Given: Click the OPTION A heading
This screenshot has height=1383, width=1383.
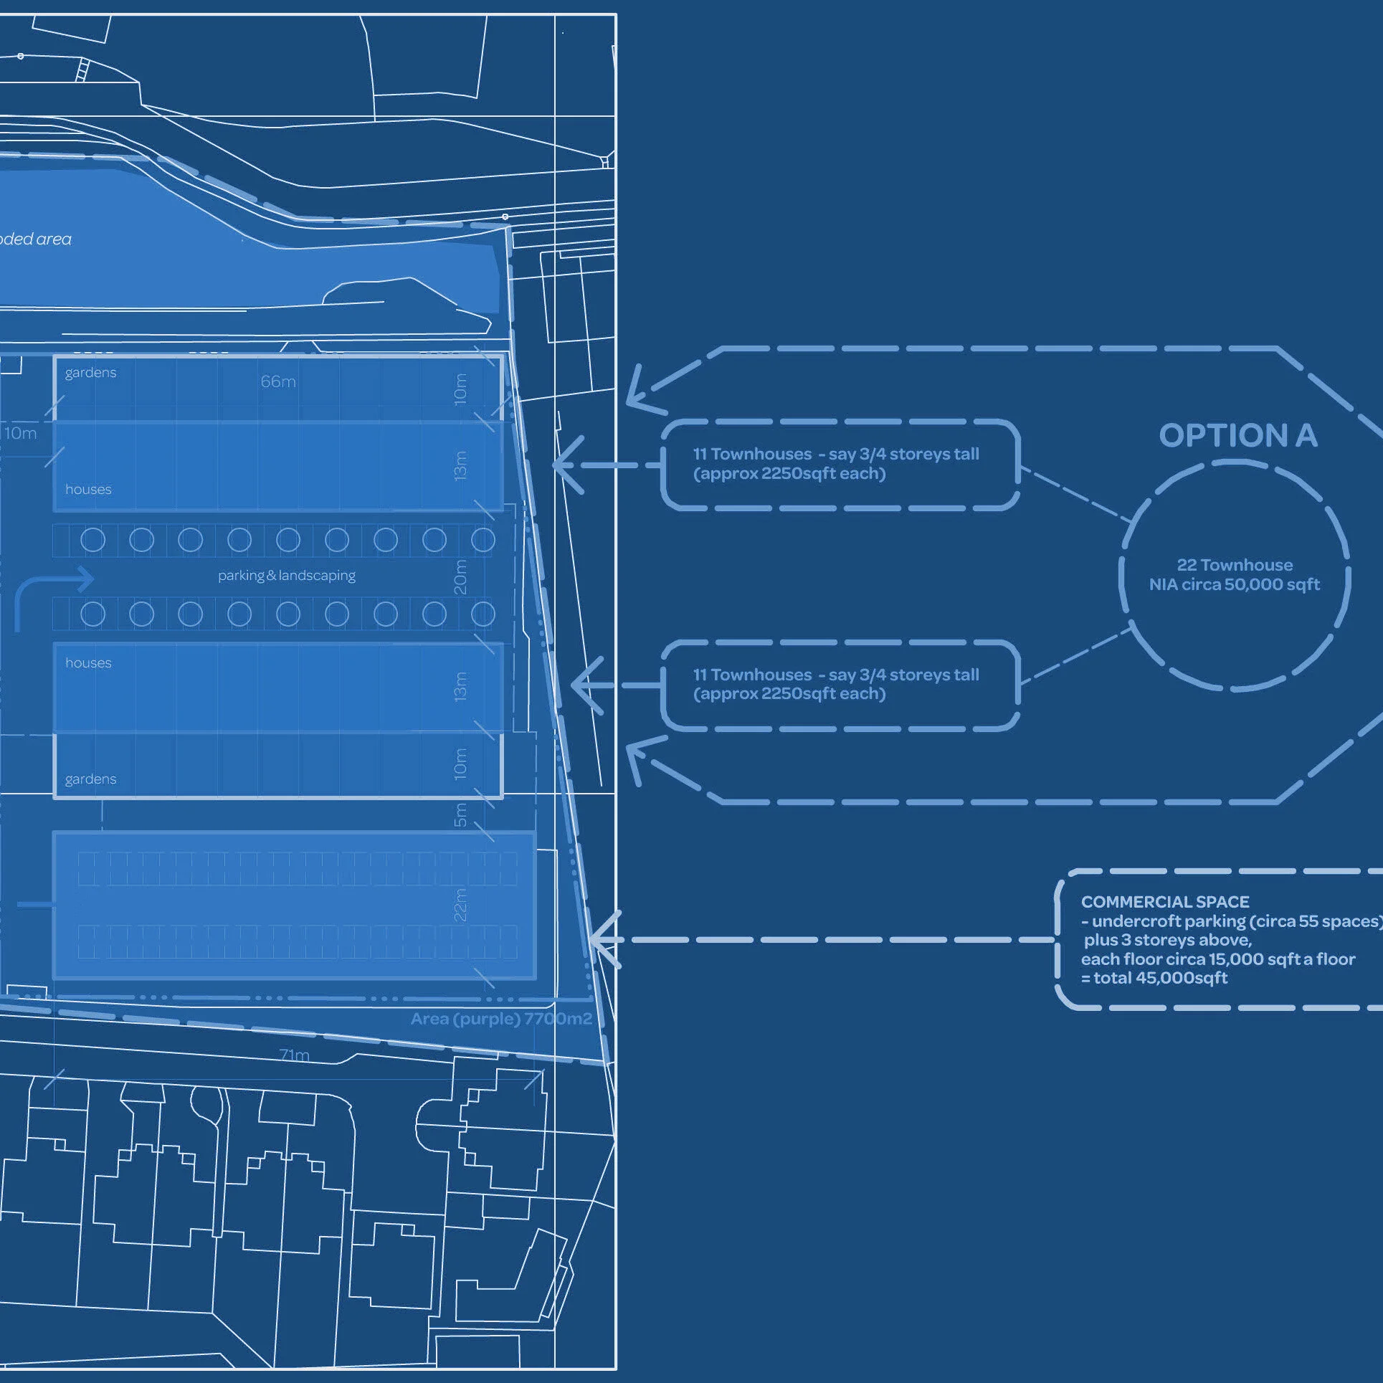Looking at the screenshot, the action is [1237, 435].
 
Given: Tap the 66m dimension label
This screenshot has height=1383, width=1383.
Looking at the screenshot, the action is [278, 381].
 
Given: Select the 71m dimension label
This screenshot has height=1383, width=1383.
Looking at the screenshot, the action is [295, 1055].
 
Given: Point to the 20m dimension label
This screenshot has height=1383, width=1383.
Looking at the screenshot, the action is [460, 576].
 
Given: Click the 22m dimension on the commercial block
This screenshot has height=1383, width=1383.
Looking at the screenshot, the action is [460, 904].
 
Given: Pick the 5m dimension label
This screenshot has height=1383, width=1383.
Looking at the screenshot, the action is [460, 814].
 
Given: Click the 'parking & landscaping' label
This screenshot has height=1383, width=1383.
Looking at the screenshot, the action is [287, 576].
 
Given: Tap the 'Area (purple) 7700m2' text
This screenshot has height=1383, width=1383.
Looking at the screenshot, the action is [501, 1019].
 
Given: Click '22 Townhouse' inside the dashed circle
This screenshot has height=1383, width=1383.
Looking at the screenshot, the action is [1235, 565].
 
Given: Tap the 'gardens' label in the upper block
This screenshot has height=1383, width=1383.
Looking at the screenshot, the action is [90, 373].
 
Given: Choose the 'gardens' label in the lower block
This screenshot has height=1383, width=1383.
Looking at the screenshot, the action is [90, 779].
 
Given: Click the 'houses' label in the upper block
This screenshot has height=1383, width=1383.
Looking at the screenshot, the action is [88, 490].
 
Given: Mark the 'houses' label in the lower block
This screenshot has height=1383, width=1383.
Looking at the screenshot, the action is [88, 663].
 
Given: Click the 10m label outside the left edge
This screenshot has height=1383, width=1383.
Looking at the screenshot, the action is [21, 433].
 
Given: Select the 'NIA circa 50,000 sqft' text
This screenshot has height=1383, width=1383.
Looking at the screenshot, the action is [1235, 584].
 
